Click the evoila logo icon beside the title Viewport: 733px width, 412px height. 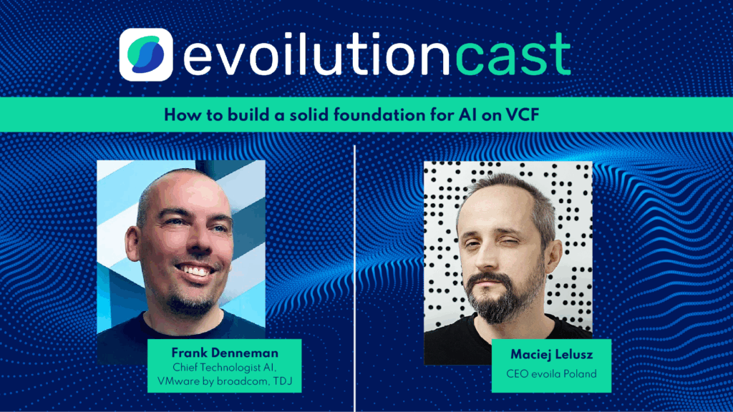tap(147, 55)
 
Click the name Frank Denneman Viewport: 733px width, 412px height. tap(225, 353)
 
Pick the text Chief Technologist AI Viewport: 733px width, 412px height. tap(225, 367)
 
